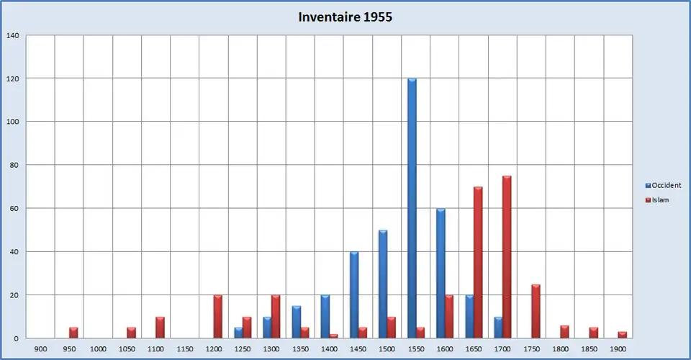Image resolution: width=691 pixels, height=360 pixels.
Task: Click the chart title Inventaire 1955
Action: click(x=345, y=17)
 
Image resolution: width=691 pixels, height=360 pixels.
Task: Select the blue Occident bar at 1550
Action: click(x=412, y=208)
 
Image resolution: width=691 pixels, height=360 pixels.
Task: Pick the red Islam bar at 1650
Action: click(x=478, y=263)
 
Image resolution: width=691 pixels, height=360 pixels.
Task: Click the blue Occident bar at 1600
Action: click(x=441, y=274)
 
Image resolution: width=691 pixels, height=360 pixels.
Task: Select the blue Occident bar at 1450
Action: click(x=354, y=295)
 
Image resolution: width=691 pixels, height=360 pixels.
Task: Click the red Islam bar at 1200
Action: click(x=218, y=317)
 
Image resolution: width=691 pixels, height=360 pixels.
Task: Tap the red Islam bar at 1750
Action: click(x=536, y=311)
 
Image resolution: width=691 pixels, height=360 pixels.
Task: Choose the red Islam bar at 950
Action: click(x=73, y=333)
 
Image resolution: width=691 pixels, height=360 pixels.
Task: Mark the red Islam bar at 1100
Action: click(x=161, y=328)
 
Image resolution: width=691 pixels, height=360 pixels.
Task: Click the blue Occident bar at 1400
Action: click(x=325, y=317)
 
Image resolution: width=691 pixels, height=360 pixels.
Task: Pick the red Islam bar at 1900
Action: click(x=623, y=335)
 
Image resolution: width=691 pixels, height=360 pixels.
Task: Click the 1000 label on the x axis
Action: click(x=98, y=349)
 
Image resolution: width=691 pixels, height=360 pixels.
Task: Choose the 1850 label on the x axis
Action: click(x=590, y=349)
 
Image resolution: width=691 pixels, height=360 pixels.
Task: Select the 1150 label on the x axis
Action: click(x=185, y=349)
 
